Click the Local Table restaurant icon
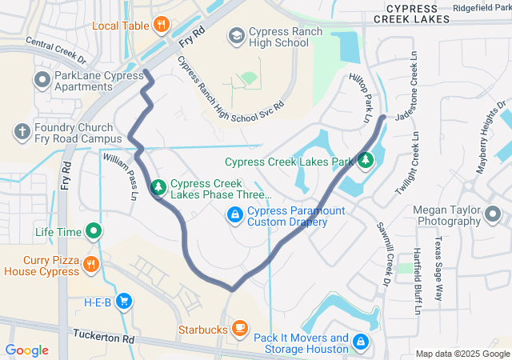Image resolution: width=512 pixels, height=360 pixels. [161, 25]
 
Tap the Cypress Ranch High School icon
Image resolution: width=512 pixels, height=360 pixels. [237, 35]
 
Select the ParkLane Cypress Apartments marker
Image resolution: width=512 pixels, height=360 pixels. [41, 80]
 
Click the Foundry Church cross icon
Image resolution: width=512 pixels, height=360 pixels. [22, 131]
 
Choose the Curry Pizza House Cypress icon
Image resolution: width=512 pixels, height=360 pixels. [92, 265]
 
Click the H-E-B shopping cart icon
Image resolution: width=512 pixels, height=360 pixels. [123, 301]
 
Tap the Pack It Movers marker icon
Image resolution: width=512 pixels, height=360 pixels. [361, 342]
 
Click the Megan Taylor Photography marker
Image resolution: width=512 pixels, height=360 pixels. [492, 214]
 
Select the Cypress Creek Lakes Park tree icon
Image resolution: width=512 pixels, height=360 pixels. [366, 161]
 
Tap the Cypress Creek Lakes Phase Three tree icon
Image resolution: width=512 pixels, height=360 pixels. [158, 187]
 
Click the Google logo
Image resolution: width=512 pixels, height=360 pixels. [26, 350]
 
